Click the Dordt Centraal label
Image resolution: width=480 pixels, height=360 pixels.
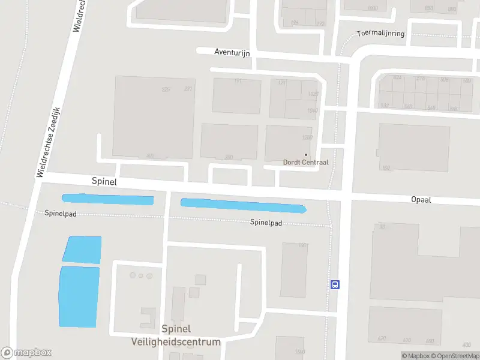305,162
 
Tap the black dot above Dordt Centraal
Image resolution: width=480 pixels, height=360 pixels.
305,154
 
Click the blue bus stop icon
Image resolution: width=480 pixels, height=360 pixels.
335,284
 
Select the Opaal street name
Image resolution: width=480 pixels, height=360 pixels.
421,200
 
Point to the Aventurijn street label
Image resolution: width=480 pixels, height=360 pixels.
232,52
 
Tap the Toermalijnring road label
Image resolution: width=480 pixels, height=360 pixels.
380,34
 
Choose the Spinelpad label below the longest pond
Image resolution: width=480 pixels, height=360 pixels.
266,223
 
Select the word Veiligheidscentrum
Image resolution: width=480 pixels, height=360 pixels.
176,342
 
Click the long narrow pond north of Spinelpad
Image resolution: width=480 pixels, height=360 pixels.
243,205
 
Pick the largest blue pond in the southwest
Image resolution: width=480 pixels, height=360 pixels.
79,297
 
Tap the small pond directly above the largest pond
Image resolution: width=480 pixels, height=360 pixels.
82,250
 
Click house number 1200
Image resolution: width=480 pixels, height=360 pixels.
308,137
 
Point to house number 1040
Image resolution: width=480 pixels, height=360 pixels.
312,110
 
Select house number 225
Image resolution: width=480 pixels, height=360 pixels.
166,89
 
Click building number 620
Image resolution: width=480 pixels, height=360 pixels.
382,339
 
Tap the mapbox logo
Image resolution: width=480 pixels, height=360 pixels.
26,353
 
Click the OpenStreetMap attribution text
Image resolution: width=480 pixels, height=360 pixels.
453,356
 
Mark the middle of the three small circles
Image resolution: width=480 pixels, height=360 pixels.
141,275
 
